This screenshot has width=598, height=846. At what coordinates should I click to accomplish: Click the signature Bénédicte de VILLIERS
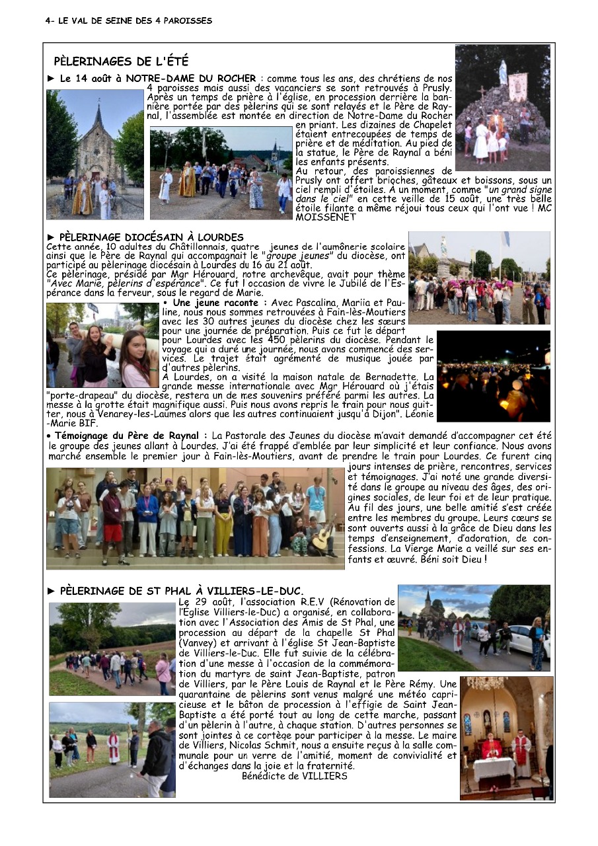point(295,776)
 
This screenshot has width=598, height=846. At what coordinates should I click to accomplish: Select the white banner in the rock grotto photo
point(517,86)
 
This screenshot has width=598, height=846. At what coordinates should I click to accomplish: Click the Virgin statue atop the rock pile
point(503,73)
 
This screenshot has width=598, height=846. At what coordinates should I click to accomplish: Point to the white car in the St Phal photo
point(529,640)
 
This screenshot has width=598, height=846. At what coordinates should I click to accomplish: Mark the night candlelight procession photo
point(493,374)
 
